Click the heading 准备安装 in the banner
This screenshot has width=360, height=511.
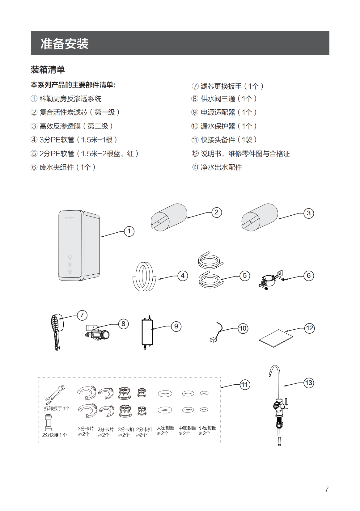65,44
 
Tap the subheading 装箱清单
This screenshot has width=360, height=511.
48,70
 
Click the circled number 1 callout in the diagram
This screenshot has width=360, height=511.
129,231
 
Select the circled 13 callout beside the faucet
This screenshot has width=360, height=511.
308,383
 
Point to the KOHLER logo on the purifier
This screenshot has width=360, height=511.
70,218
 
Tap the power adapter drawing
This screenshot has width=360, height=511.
147,332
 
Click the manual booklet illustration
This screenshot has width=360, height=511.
276,338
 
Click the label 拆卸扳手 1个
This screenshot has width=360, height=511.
57,408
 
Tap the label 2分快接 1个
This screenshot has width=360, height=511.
54,435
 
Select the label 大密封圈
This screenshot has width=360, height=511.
165,428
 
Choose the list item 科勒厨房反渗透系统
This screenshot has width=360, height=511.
70,99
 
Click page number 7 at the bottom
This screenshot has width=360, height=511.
327,489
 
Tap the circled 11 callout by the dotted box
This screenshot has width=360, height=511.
245,385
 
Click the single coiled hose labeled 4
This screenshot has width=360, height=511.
144,277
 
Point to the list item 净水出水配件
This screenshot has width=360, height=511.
221,167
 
